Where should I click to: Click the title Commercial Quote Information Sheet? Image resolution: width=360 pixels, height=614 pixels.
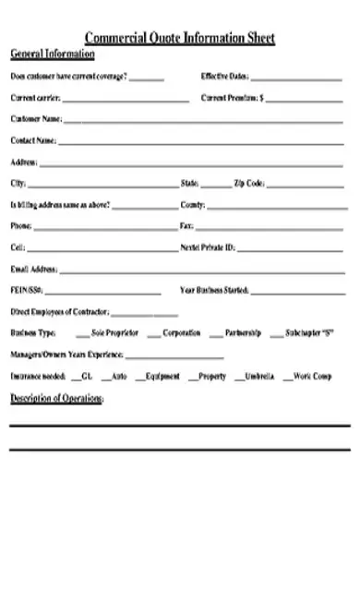[180, 38]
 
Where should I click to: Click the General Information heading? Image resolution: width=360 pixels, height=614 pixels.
[53, 54]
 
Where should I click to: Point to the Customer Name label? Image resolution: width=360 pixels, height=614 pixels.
[36, 119]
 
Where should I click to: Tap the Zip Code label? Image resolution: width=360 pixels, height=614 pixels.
[249, 183]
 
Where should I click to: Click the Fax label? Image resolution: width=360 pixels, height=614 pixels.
[186, 225]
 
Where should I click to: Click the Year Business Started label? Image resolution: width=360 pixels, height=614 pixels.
[215, 290]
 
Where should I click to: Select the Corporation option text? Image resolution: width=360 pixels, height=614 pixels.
[182, 332]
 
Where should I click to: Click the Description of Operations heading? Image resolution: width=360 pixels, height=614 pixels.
[56, 398]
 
